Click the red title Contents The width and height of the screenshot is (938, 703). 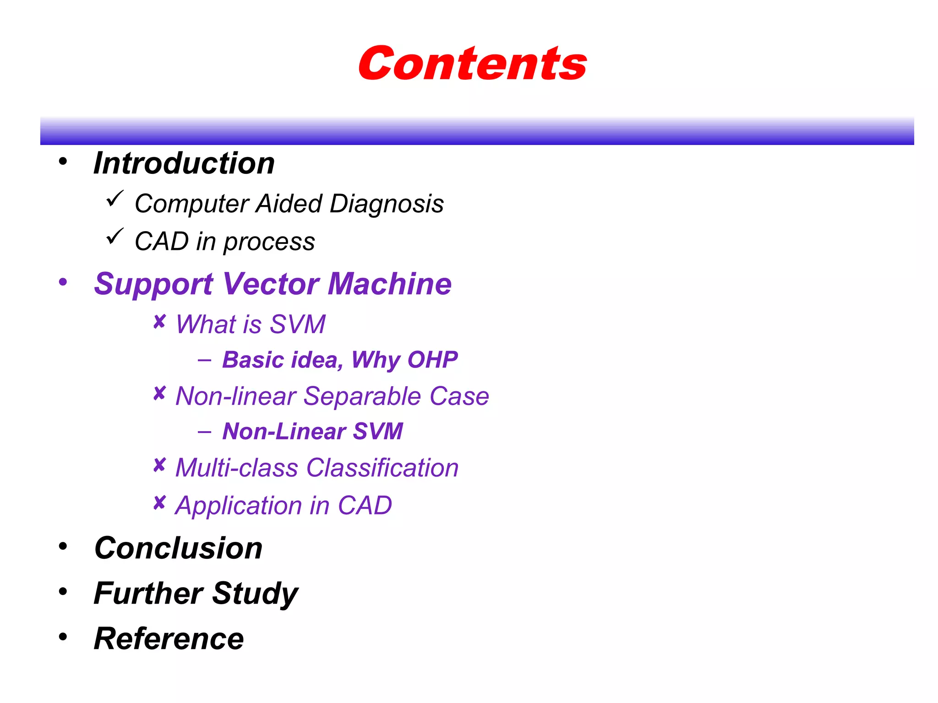click(x=472, y=64)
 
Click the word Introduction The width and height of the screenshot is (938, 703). click(x=184, y=163)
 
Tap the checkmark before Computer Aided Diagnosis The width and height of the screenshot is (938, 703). click(x=115, y=199)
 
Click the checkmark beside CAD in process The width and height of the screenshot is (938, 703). click(x=115, y=236)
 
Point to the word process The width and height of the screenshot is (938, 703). click(x=269, y=242)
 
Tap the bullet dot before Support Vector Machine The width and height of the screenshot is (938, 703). click(x=63, y=281)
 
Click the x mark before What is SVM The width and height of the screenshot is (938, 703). click(x=159, y=322)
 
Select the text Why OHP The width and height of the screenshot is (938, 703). click(x=404, y=360)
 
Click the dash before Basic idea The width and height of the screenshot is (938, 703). click(x=204, y=360)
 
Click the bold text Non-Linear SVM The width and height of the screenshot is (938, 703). click(x=312, y=432)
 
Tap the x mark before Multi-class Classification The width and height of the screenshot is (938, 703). click(x=159, y=465)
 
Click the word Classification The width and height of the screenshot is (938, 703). click(x=382, y=468)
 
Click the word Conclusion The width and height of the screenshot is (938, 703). click(x=178, y=548)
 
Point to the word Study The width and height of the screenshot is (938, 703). click(x=255, y=594)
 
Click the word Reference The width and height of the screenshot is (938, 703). click(x=169, y=639)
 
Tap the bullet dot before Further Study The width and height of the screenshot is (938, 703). click(x=63, y=591)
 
